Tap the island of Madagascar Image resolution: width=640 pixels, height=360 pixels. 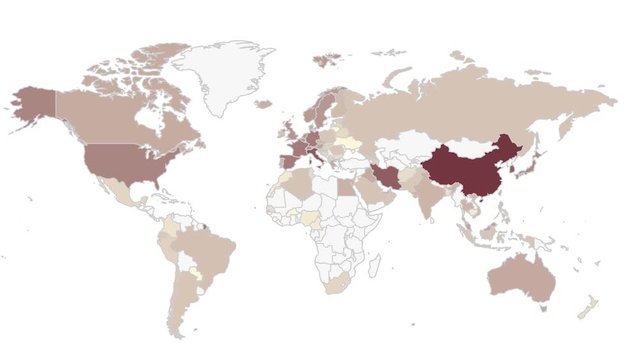(372, 266)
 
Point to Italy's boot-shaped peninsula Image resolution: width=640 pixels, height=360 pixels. (317, 157)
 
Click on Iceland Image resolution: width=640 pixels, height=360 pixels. (262, 103)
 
